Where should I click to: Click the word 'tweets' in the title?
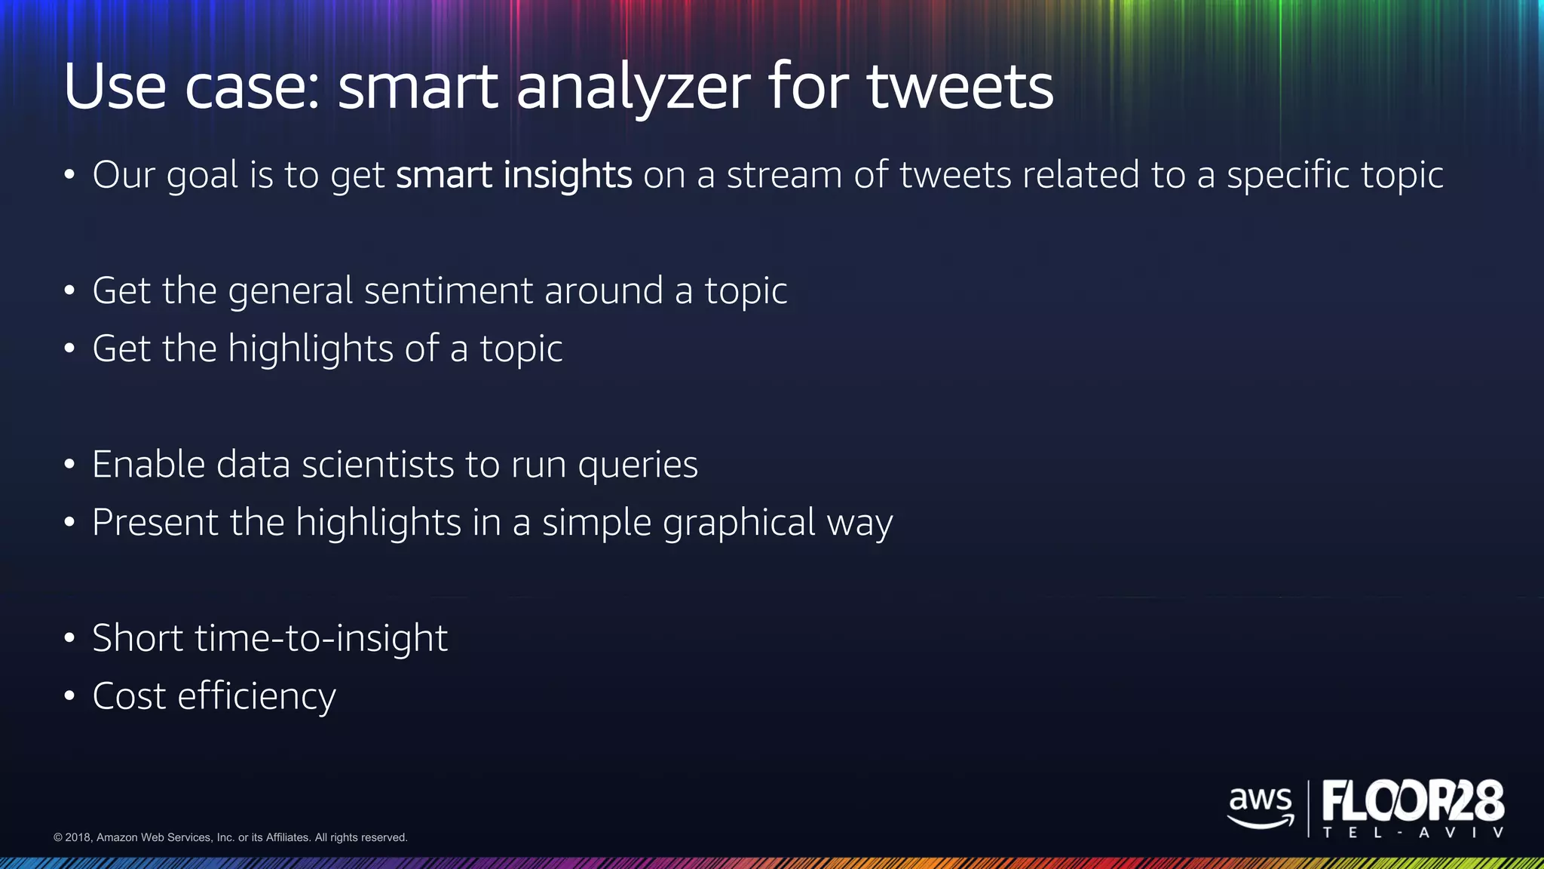click(960, 88)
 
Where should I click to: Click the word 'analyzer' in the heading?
click(633, 88)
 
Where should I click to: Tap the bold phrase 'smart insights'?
click(513, 175)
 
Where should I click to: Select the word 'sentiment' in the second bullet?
click(449, 291)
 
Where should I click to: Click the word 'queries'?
click(638, 465)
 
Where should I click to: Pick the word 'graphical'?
click(739, 523)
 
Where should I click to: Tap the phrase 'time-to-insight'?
click(321, 638)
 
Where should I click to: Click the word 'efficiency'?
click(256, 696)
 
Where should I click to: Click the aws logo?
click(1261, 806)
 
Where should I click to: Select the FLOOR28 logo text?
click(1413, 801)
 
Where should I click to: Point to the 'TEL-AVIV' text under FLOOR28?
click(1413, 834)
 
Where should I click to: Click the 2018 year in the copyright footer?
click(78, 837)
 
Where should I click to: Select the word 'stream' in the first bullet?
click(783, 175)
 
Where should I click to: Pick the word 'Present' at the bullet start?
click(155, 523)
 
